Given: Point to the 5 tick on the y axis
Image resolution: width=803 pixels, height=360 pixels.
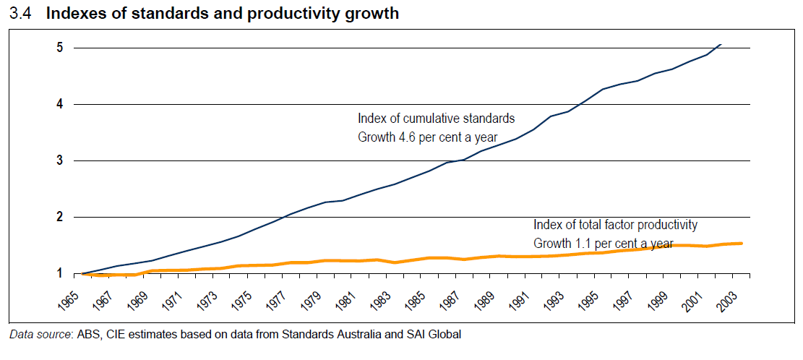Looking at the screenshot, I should (x=60, y=48).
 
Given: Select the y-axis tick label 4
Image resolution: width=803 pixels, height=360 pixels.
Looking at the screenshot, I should (x=60, y=104).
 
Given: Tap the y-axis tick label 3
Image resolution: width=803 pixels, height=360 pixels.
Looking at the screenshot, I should (x=60, y=160).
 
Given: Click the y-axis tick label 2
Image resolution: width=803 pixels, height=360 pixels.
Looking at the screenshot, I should (x=60, y=217).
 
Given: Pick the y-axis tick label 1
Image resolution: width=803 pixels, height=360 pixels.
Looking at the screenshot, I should (x=60, y=273).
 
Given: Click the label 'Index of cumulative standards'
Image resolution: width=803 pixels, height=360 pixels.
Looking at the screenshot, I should (x=436, y=118).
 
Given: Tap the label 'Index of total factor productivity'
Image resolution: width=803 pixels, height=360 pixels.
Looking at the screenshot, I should (x=615, y=225).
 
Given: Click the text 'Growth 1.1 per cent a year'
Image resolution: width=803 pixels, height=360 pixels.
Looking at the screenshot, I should (x=604, y=244).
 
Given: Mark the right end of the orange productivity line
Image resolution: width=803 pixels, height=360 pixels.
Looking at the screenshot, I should (x=742, y=244).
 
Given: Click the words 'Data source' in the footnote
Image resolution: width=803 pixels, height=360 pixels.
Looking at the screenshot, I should (x=36, y=334).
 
